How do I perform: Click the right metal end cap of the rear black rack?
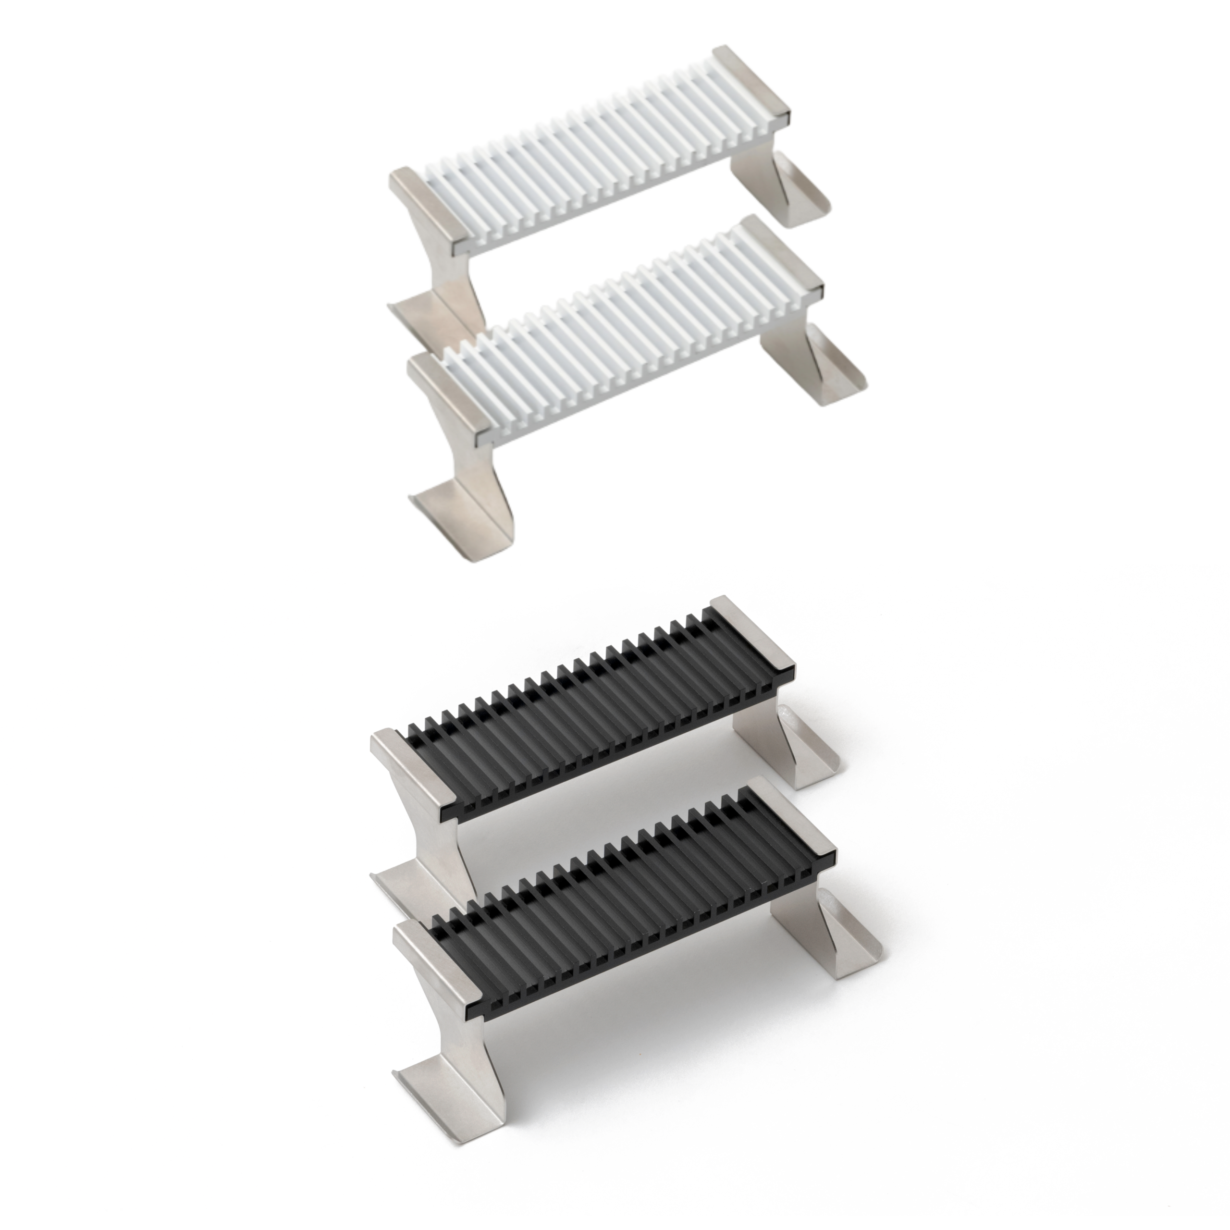pyautogui.click(x=751, y=637)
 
